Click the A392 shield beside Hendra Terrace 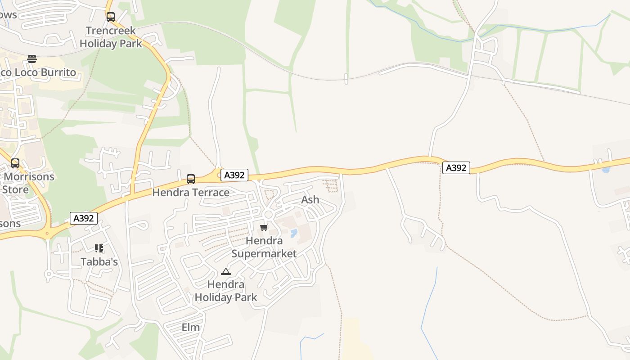tap(234, 175)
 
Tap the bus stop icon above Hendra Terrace tap(191, 179)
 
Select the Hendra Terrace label tap(191, 193)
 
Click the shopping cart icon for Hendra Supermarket tap(264, 227)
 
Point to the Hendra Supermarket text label tap(264, 247)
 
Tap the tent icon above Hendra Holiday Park tap(225, 271)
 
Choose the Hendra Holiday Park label tap(226, 291)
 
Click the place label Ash tap(310, 200)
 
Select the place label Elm tap(190, 328)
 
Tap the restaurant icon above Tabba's tap(99, 248)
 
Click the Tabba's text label tap(99, 261)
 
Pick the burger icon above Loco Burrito tap(31, 59)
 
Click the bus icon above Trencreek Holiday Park tap(111, 17)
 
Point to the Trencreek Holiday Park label tap(111, 37)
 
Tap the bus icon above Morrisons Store tap(15, 163)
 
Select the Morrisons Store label tap(27, 183)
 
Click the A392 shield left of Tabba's tap(84, 218)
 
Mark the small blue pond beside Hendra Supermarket tap(294, 233)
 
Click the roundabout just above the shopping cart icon tap(269, 214)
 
